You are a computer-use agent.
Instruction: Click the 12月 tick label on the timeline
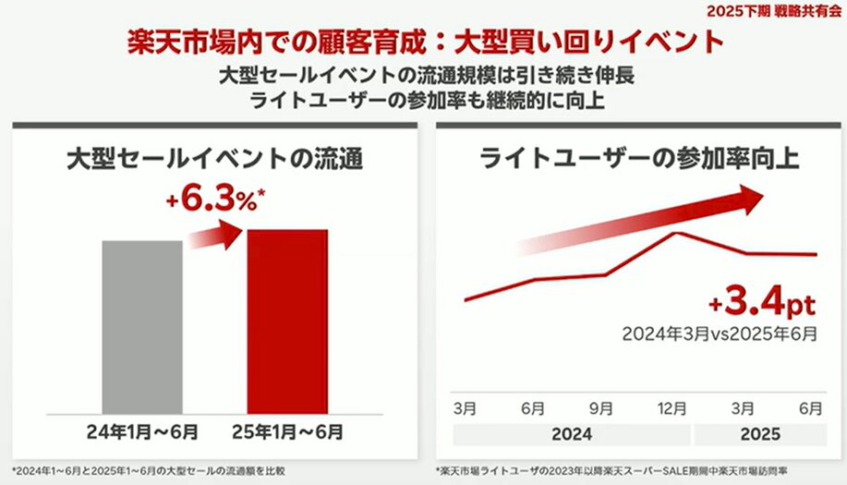672,408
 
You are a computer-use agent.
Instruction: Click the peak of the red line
676,233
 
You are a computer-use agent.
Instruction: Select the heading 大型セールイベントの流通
213,158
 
